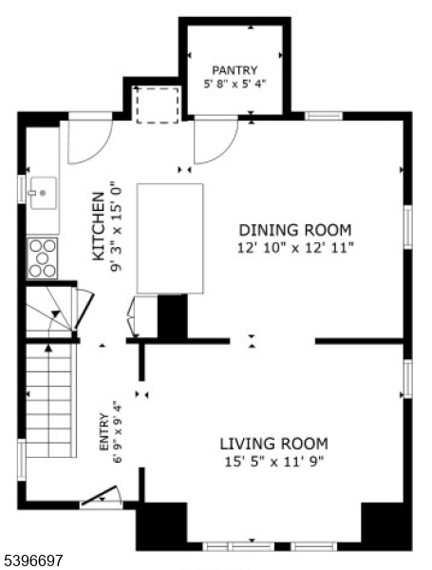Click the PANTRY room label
[x=235, y=69]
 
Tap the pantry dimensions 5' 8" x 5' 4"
[x=235, y=84]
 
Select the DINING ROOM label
[x=294, y=230]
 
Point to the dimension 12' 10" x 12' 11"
[x=294, y=248]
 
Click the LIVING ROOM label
[x=274, y=444]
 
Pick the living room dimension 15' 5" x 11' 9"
[x=274, y=463]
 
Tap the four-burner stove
[x=43, y=256]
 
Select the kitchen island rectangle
[x=170, y=237]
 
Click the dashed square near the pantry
[x=157, y=104]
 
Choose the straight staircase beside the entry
[x=48, y=399]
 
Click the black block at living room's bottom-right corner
[x=386, y=525]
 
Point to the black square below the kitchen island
[x=172, y=316]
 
